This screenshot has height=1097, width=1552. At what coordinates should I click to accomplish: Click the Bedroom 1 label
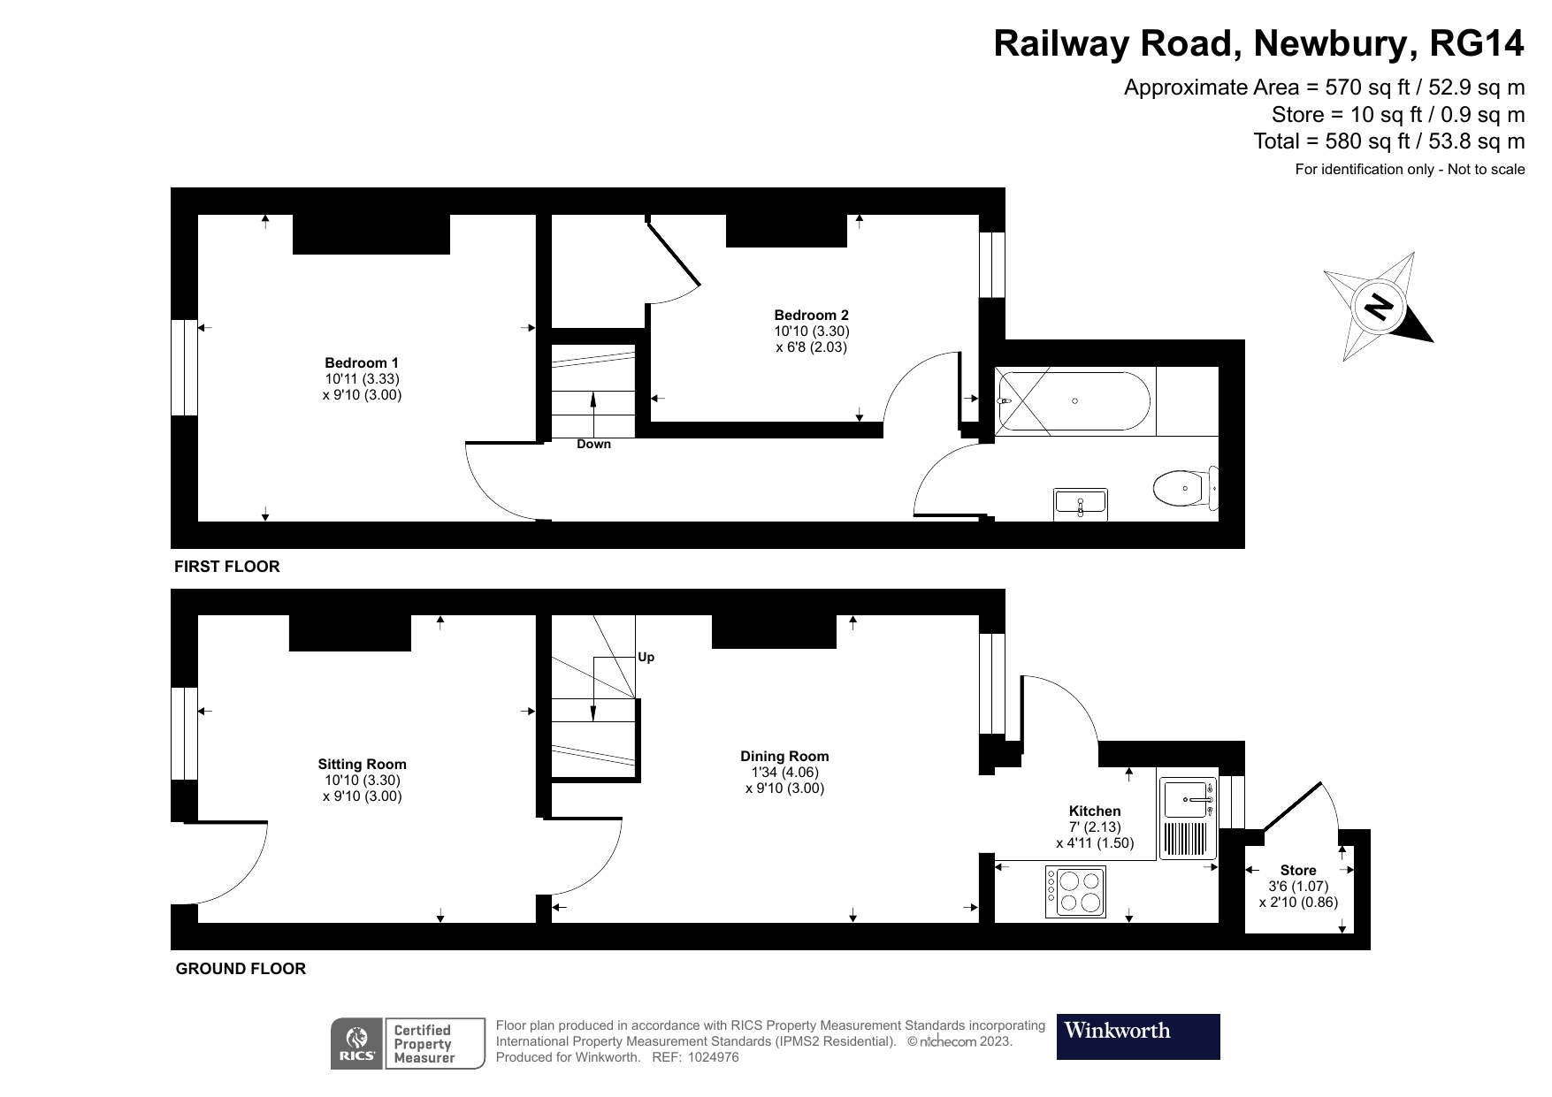pos(362,362)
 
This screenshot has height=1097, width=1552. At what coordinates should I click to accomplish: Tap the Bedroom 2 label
pos(811,315)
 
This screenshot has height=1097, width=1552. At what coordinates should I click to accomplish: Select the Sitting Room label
pos(362,765)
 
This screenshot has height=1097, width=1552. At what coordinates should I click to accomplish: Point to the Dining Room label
pos(784,756)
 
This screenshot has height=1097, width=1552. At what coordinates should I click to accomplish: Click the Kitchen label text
pos(1094,811)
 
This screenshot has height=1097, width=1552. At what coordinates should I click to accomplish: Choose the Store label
pos(1297,871)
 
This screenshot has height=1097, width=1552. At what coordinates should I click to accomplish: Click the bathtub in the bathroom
pos(1074,400)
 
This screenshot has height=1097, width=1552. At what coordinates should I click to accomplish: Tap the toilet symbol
pos(1185,487)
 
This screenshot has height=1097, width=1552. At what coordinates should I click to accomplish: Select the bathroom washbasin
pos(1080,503)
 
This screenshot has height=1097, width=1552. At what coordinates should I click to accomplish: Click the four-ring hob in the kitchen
pos(1076,892)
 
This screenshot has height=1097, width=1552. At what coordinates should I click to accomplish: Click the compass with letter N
pos(1378,307)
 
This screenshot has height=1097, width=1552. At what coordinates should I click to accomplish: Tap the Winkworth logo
pos(1138,1036)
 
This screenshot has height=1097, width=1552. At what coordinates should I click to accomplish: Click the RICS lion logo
pos(356,1043)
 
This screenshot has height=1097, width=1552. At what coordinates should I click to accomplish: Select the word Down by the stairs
pos(593,444)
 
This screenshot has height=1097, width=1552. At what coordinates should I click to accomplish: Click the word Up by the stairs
pos(646,657)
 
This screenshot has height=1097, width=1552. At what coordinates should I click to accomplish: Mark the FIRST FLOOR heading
pos(226,567)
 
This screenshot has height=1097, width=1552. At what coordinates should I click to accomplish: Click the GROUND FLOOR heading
pos(241,969)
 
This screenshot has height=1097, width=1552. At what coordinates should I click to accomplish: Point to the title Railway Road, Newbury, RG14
pos(1258,43)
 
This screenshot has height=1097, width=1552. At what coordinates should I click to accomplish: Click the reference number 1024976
pos(713,1057)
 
